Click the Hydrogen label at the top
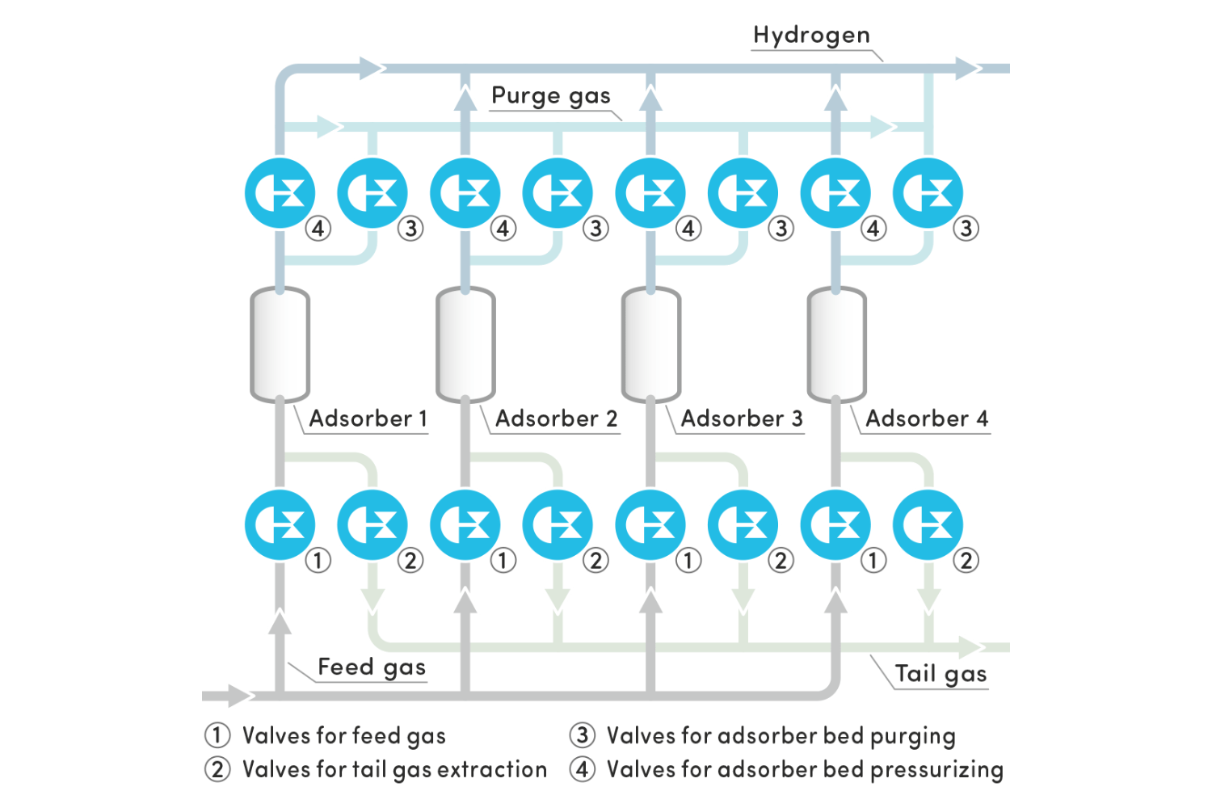[811, 35]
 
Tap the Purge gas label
[550, 95]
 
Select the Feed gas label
[371, 667]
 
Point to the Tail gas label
[941, 673]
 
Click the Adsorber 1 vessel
[280, 344]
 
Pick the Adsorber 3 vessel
[650, 344]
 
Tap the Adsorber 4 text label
[926, 419]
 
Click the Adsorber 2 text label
[556, 419]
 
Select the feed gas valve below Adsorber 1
[280, 525]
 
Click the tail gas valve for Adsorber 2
[558, 525]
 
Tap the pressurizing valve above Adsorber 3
[650, 194]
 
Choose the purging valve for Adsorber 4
[928, 194]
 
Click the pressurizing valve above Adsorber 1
[280, 194]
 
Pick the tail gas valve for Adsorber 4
[928, 525]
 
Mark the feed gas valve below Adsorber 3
[650, 525]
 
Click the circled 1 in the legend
[217, 735]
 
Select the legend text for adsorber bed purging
[781, 735]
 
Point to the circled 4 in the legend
[582, 769]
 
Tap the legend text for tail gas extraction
[394, 769]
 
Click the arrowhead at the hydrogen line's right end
[967, 69]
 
